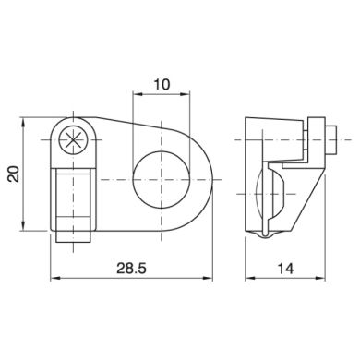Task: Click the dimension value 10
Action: tap(162, 84)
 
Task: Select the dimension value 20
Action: tap(14, 174)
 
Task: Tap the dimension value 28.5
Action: tap(131, 269)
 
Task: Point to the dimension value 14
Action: tap(286, 269)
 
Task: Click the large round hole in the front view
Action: tap(162, 179)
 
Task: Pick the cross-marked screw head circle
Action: tap(73, 140)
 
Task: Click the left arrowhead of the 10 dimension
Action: tap(136, 94)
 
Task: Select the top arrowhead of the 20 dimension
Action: tap(23, 122)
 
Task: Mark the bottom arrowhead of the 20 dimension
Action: tap(23, 226)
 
